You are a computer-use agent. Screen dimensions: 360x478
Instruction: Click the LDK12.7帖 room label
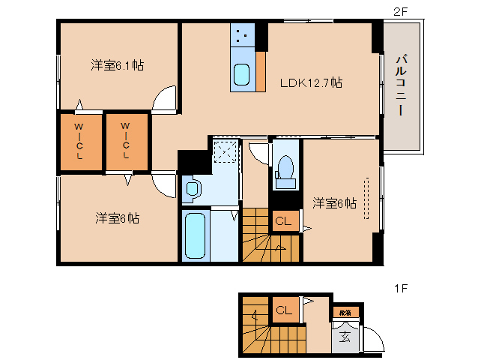pos(311,82)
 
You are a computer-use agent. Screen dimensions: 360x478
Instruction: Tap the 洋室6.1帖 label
pos(118,66)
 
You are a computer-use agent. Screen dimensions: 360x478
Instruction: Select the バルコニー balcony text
pos(402,84)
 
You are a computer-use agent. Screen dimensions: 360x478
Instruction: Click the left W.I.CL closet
pos(79,142)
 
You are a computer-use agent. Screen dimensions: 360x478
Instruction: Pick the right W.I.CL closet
pos(126,142)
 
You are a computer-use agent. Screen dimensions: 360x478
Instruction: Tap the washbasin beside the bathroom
pos(191,188)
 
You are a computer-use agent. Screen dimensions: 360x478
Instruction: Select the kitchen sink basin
pos(243,75)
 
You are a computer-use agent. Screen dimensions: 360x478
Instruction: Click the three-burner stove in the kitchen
pos(243,34)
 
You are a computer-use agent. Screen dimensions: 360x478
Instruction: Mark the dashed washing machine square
pos(225,152)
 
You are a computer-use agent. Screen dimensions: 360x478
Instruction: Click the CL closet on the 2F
pos(284,221)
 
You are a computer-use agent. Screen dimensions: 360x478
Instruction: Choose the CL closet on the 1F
pos(284,310)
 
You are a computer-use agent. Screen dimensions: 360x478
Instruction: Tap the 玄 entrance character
pos(345,336)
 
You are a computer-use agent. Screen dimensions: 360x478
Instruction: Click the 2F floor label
pos(401,10)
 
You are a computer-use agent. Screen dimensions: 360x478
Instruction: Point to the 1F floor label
pos(401,287)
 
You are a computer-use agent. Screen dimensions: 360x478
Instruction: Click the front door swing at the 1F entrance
pos(372,341)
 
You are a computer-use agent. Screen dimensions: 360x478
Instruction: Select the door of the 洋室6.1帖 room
pos(165,99)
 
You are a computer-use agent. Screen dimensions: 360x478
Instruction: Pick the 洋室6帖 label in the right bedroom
pos(334,202)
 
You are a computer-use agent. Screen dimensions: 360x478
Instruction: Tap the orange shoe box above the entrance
pos(345,311)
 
